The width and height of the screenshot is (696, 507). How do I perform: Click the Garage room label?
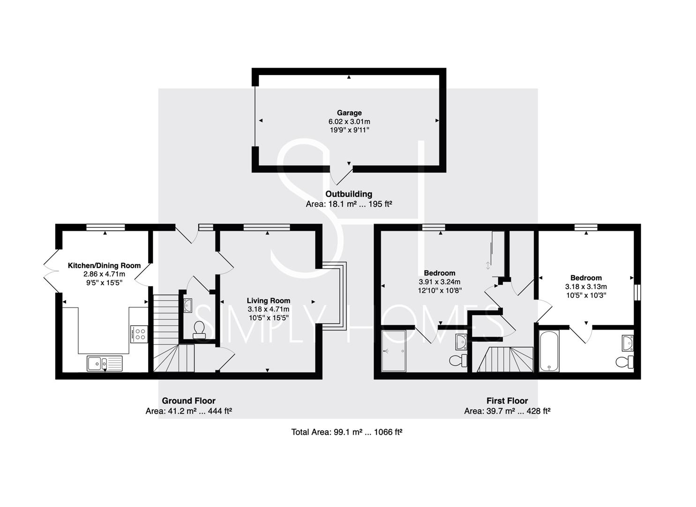coord(349,113)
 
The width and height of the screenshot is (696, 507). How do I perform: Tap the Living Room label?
coord(269,300)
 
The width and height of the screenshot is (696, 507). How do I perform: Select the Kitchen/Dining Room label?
coord(104,266)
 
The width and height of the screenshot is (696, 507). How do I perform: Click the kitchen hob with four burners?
coord(139,334)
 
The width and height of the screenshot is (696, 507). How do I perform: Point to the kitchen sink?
coord(105,363)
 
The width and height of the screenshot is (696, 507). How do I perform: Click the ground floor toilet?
coord(199,330)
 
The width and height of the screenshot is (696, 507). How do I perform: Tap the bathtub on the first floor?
coord(549,351)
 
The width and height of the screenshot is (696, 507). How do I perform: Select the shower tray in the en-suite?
coord(394,351)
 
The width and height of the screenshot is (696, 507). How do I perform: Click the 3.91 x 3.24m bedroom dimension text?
coord(440,282)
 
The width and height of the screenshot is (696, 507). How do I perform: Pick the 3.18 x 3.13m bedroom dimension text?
coord(586,287)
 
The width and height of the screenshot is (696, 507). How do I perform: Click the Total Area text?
coord(347,432)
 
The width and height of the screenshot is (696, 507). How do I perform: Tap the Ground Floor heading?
coord(188,400)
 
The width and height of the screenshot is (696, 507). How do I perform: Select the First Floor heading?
coord(508,400)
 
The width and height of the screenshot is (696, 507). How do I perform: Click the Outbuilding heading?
coord(349,194)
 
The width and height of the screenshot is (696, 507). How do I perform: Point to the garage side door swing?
coord(341,177)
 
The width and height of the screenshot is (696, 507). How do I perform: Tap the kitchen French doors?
coord(51,271)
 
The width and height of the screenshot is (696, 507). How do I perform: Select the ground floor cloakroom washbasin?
coord(188,305)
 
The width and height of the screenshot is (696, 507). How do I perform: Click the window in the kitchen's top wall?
coord(105,227)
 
